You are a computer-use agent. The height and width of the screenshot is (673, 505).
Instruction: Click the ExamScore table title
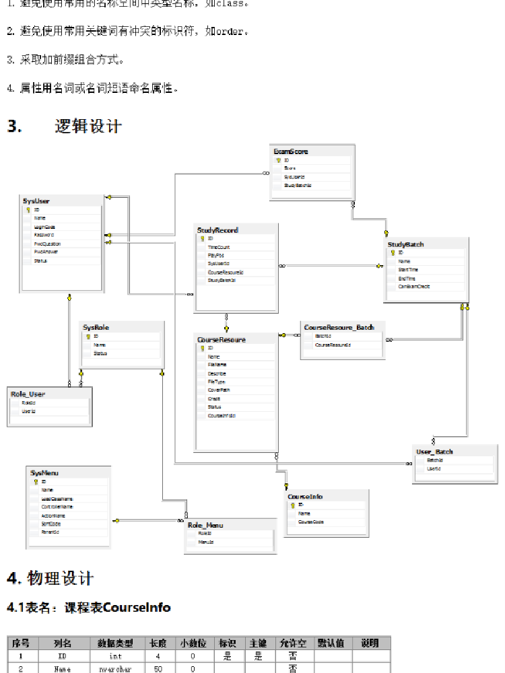(291, 152)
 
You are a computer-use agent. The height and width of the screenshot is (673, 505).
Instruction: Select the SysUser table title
(36, 201)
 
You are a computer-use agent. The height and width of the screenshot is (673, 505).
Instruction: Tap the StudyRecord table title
(217, 230)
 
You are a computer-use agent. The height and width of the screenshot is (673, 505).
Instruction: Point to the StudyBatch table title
(405, 244)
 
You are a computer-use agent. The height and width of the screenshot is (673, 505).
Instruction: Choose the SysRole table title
(96, 327)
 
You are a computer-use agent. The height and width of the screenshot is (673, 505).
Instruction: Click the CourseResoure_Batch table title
(339, 327)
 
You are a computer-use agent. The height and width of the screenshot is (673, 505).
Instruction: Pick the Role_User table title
(28, 394)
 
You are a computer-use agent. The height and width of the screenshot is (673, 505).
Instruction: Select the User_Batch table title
(434, 452)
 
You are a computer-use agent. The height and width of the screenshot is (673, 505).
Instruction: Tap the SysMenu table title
(45, 473)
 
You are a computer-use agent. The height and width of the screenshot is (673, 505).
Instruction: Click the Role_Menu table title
(205, 524)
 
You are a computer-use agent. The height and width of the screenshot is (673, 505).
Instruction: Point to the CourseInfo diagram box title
(305, 497)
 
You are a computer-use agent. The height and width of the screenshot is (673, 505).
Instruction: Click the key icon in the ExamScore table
(277, 161)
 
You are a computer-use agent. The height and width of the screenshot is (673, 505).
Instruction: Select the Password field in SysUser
(44, 235)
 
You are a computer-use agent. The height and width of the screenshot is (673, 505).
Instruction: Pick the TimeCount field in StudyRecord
(219, 247)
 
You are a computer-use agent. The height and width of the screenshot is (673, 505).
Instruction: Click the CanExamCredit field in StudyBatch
(413, 286)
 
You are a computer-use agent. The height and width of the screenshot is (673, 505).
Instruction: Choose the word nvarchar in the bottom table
(110, 669)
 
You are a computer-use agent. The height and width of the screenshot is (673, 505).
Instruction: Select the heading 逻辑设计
(88, 127)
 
